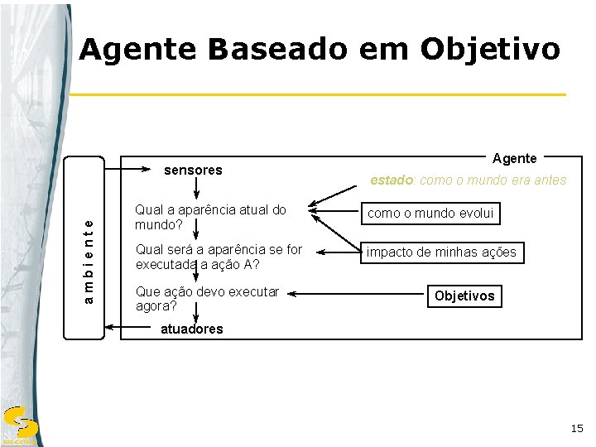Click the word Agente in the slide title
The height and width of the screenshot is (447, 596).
click(138, 50)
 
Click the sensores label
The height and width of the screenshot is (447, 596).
click(193, 171)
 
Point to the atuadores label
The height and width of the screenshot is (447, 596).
click(192, 329)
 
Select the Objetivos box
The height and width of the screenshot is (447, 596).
click(464, 296)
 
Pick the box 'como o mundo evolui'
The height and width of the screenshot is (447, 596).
click(430, 214)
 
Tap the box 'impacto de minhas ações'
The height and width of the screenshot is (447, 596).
click(442, 252)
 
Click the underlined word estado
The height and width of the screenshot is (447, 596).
click(391, 180)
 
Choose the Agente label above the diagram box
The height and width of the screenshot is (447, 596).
click(514, 158)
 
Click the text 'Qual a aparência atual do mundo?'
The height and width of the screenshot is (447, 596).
click(210, 217)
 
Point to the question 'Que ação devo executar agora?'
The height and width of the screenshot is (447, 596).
click(207, 298)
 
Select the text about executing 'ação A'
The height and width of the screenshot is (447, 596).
click(219, 257)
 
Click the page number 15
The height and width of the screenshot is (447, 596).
click(576, 428)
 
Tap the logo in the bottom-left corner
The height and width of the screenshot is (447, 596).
click(17, 424)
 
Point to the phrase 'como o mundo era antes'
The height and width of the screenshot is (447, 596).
click(493, 180)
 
